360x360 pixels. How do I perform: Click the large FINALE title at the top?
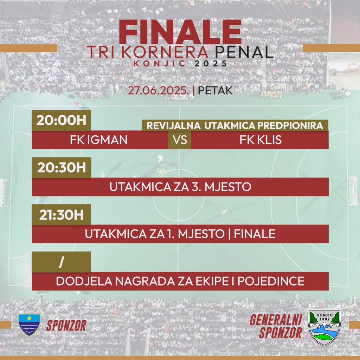coord(180,32)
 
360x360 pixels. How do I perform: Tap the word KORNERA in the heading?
coord(165,52)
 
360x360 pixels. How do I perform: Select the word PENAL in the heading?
coord(244,52)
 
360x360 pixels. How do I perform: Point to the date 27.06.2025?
coord(159,90)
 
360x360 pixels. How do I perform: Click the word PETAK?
coord(215,90)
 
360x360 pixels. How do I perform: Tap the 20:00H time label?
coord(61,120)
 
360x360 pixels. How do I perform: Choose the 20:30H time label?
coord(62,167)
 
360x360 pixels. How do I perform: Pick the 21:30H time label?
coord(62,215)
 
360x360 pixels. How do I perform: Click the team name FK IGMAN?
coord(99,140)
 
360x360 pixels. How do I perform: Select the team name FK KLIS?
coord(261,140)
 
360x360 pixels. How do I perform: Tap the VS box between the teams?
coord(180,140)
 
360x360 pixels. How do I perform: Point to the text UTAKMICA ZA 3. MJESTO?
coord(180,187)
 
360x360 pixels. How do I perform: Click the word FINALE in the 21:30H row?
coord(255,234)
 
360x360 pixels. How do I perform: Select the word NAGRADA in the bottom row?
coord(145,281)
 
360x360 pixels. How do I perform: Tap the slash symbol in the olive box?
coord(61,262)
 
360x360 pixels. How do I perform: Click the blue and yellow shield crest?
coord(30,324)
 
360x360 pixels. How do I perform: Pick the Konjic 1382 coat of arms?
coord(324,327)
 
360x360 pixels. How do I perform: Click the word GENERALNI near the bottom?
coord(276,320)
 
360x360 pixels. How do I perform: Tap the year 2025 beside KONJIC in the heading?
coord(211,64)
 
